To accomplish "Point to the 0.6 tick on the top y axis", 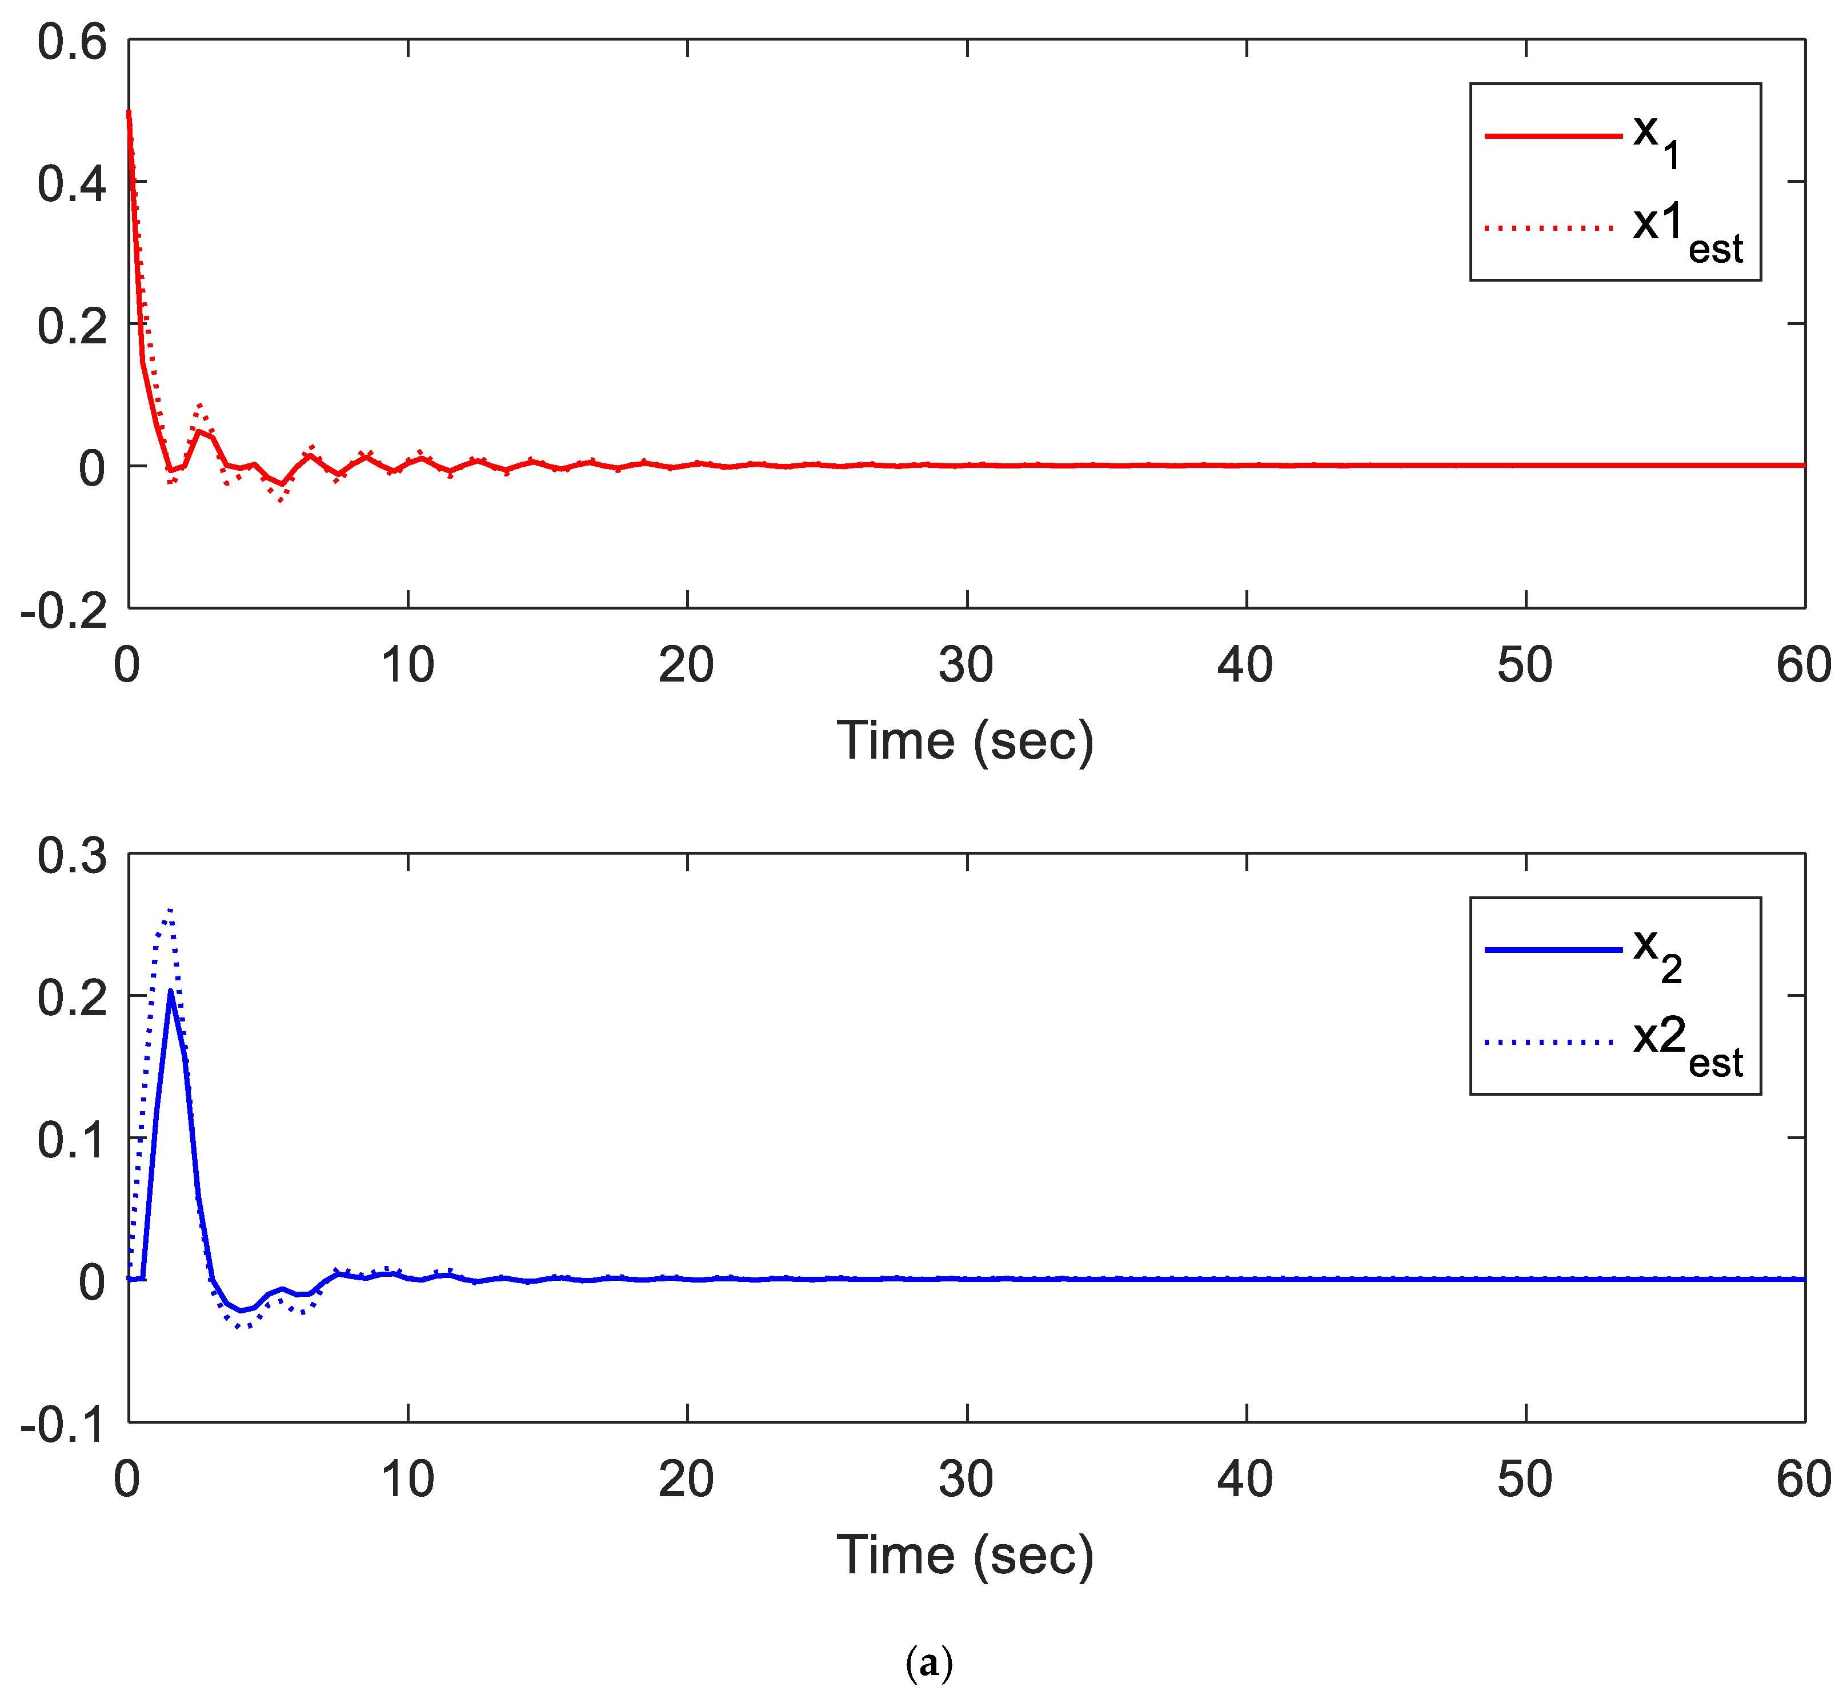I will (72, 43).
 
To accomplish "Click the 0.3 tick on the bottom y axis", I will (72, 856).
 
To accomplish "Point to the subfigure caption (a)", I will (928, 1663).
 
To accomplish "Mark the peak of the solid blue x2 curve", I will (171, 992).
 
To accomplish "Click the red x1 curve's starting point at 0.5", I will (129, 112).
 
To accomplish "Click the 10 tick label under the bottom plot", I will (407, 1479).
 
